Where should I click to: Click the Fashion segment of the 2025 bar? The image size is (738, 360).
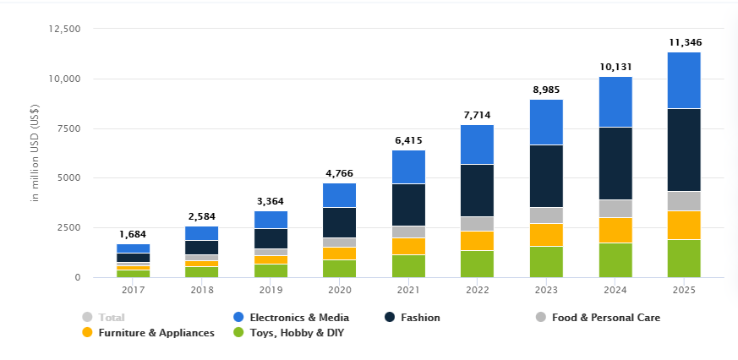[x=684, y=150]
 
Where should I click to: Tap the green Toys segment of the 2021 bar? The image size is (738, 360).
[x=408, y=265]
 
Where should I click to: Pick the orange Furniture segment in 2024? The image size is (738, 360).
[x=615, y=230]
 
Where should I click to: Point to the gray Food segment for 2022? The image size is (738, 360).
[x=478, y=223]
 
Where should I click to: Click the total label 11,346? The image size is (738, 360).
[x=685, y=42]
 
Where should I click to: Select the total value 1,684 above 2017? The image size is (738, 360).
[x=133, y=234]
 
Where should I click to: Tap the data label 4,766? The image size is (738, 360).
[x=339, y=173]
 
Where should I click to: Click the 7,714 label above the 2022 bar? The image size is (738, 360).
[x=478, y=114]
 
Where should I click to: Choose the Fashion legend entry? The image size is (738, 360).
[x=420, y=318]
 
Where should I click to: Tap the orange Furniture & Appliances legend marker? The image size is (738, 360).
[x=87, y=333]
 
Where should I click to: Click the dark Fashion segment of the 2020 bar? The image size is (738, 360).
[x=339, y=222]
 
